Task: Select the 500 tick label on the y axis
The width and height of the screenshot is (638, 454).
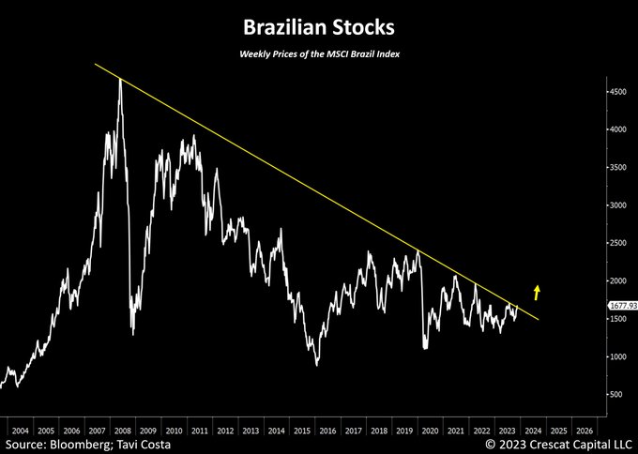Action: pyautogui.click(x=616, y=394)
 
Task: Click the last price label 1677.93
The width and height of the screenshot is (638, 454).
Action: pyautogui.click(x=620, y=306)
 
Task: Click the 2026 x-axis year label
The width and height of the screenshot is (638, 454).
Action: pyautogui.click(x=584, y=431)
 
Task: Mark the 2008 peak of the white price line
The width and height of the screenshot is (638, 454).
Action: pyautogui.click(x=121, y=80)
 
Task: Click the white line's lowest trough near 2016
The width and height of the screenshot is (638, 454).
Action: pyautogui.click(x=317, y=365)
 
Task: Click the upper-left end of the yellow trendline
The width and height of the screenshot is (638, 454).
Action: pyautogui.click(x=97, y=63)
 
